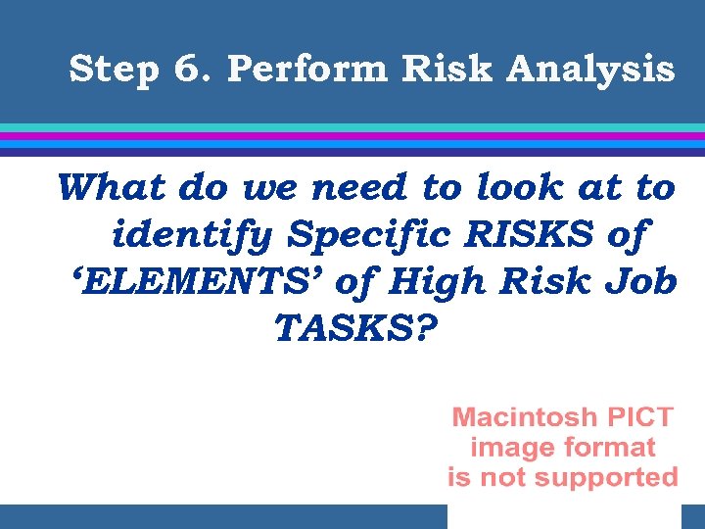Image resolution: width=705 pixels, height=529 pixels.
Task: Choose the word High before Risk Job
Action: click(436, 282)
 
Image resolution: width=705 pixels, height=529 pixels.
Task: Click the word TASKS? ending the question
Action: click(352, 329)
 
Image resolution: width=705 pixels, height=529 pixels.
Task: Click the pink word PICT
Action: click(638, 417)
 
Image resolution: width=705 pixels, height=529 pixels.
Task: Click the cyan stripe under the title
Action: click(352, 127)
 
